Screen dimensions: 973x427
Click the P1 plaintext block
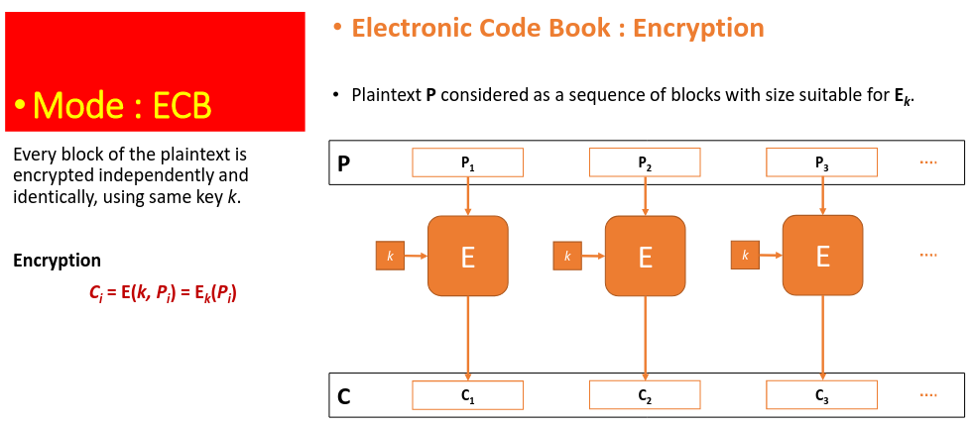(x=467, y=162)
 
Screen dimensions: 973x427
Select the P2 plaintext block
(x=645, y=162)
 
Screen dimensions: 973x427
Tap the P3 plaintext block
(x=822, y=162)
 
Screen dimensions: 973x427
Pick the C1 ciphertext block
(x=467, y=394)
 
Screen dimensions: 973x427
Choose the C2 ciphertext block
(x=645, y=394)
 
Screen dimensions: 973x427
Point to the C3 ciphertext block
(x=822, y=394)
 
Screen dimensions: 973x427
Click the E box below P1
(x=468, y=256)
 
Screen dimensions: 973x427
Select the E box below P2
(x=646, y=256)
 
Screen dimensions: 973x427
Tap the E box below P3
(x=823, y=256)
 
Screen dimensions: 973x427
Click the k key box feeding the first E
(x=391, y=256)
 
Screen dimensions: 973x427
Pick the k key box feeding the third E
(x=745, y=256)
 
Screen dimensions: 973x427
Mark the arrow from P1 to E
(x=468, y=196)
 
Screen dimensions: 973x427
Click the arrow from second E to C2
(x=646, y=338)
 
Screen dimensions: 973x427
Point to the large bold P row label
(x=343, y=163)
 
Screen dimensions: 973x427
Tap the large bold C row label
(x=344, y=396)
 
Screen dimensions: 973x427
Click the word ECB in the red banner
(x=182, y=107)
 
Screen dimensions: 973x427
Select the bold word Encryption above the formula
(x=58, y=261)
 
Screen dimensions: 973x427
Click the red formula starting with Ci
(x=164, y=294)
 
